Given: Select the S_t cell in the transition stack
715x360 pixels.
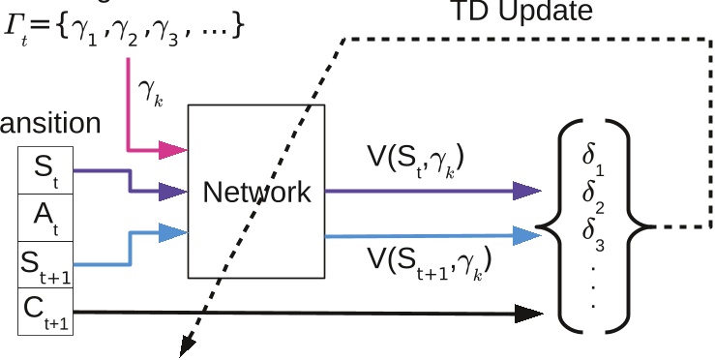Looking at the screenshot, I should [x=45, y=171].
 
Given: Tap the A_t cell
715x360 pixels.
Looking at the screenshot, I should [x=45, y=218].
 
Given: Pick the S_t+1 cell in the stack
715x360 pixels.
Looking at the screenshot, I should [x=45, y=264].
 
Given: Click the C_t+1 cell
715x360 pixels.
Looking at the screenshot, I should [x=45, y=311].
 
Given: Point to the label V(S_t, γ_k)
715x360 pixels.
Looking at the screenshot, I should [x=415, y=159].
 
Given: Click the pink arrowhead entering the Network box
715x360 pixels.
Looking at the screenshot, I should [x=174, y=150].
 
